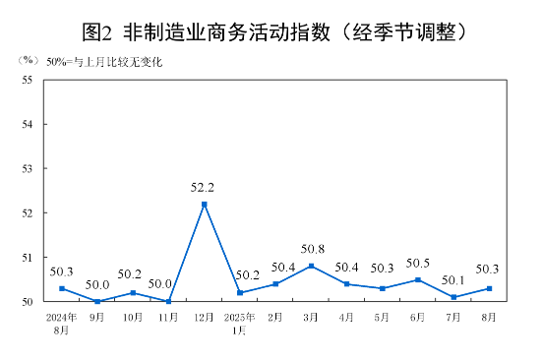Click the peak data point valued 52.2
205,204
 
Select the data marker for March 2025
311,266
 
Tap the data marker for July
453,297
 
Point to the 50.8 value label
311,249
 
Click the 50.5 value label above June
418,263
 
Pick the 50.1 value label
453,279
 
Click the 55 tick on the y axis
28,80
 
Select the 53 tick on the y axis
28,168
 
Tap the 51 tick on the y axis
28,257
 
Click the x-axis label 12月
205,317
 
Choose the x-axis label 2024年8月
61,323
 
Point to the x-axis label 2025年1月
240,323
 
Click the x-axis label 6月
418,317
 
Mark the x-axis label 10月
133,317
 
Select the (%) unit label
30,61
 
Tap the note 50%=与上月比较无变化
104,62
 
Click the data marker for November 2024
168,301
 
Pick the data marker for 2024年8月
62,288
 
